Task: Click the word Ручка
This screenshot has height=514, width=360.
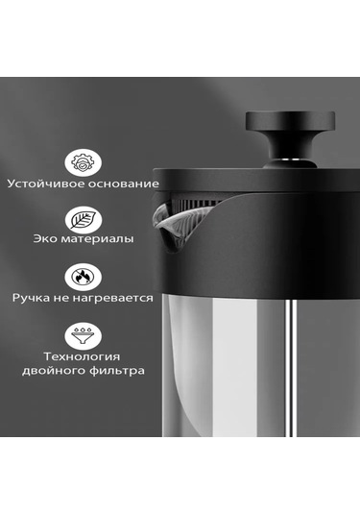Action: (32, 299)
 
